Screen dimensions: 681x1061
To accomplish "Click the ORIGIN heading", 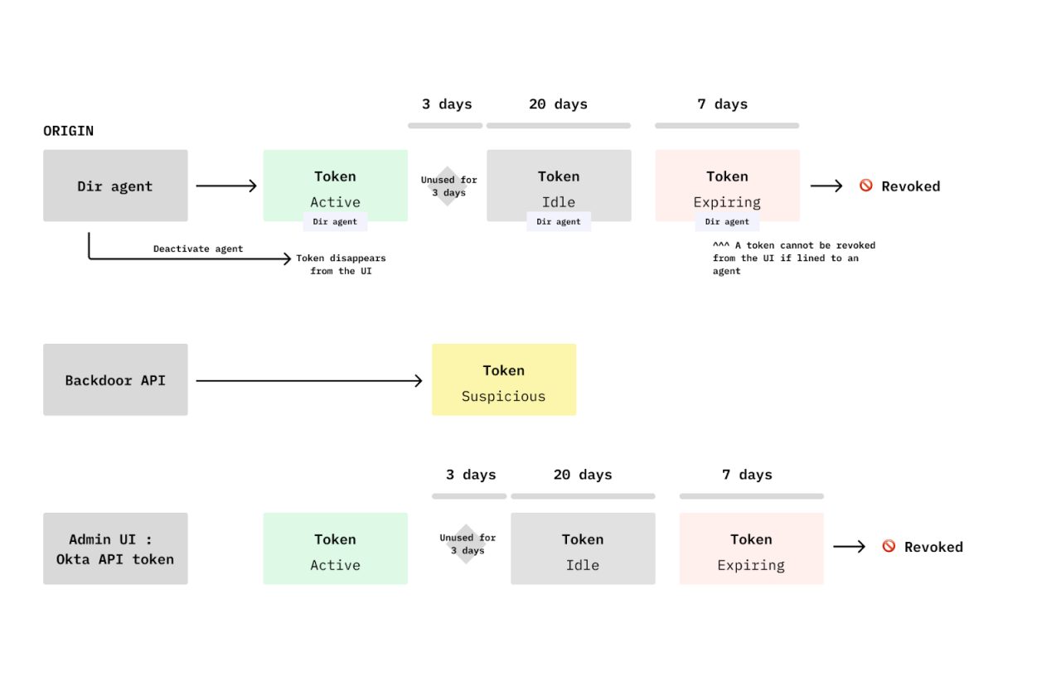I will point(68,131).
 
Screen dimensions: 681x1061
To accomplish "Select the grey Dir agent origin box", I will point(115,186).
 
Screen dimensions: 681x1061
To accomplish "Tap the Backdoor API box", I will point(115,380).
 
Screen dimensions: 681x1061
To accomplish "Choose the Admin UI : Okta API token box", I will point(115,548).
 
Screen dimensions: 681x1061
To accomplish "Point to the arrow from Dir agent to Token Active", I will point(226,186).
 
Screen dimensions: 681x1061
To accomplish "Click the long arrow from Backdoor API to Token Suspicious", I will point(308,380).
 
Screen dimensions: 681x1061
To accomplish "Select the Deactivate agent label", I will point(198,249).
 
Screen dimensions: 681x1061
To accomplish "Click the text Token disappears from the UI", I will point(341,264).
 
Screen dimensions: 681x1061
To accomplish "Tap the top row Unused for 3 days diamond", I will point(448,186).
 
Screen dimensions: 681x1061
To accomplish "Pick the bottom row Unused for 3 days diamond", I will point(467,544).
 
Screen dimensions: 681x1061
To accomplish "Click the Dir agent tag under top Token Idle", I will point(558,222).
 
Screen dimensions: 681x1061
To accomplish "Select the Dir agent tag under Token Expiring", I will point(727,222).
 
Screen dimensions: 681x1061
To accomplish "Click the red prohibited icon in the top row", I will point(865,186).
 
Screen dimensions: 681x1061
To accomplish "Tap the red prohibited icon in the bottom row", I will point(889,546).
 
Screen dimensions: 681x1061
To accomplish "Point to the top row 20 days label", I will point(558,104).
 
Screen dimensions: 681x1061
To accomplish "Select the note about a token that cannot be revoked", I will point(793,258).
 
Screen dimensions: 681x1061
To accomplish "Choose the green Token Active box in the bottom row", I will point(335,548).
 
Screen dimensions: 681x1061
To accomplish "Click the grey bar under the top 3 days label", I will point(444,126).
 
